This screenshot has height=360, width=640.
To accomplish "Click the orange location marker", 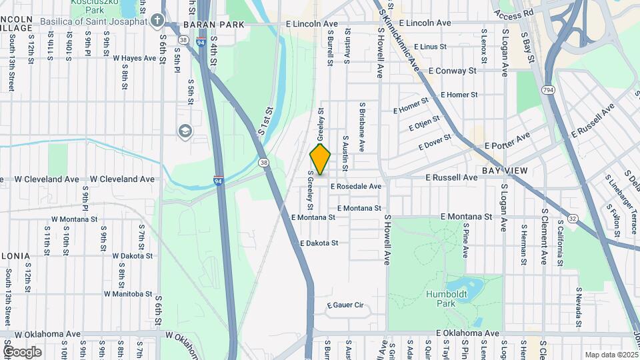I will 321,159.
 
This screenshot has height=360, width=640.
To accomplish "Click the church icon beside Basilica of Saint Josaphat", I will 157,21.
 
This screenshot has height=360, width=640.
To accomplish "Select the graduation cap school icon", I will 183,131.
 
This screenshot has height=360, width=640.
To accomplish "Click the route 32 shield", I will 573,218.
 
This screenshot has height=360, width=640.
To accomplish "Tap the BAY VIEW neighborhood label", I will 505,171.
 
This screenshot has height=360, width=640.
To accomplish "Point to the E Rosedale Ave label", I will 355,187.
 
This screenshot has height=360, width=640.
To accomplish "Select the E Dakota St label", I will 319,243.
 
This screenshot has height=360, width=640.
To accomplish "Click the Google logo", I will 22,351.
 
